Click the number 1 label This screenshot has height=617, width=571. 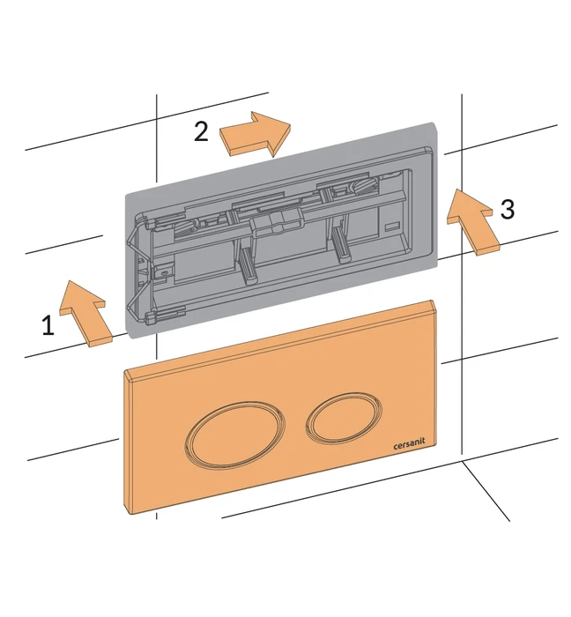click(48, 325)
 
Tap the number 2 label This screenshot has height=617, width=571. click(201, 131)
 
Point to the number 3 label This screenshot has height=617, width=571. click(508, 209)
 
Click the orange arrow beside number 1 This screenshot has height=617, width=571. click(85, 312)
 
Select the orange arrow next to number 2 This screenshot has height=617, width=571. click(255, 134)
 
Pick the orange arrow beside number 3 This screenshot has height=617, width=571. click(472, 221)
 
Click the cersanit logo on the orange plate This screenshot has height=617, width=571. click(409, 444)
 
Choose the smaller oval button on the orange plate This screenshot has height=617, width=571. click(344, 416)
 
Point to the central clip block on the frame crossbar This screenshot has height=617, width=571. click(278, 221)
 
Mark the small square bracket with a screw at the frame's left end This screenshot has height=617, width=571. click(160, 272)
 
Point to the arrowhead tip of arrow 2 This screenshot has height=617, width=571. click(291, 124)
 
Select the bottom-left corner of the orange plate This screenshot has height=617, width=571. click(134, 514)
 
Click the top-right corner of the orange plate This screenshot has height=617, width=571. click(433, 301)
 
